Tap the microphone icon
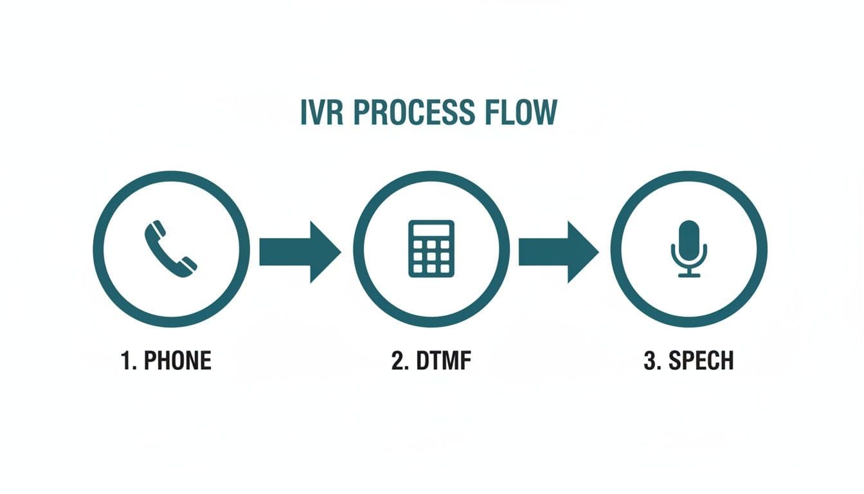[x=688, y=248]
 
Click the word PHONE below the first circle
[x=177, y=361]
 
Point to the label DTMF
[x=444, y=361]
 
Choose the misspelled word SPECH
[x=701, y=361]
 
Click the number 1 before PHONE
[x=126, y=361]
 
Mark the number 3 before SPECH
[x=651, y=361]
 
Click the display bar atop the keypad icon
[x=431, y=230]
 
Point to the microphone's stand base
[x=688, y=275]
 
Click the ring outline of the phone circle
[x=98, y=248]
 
